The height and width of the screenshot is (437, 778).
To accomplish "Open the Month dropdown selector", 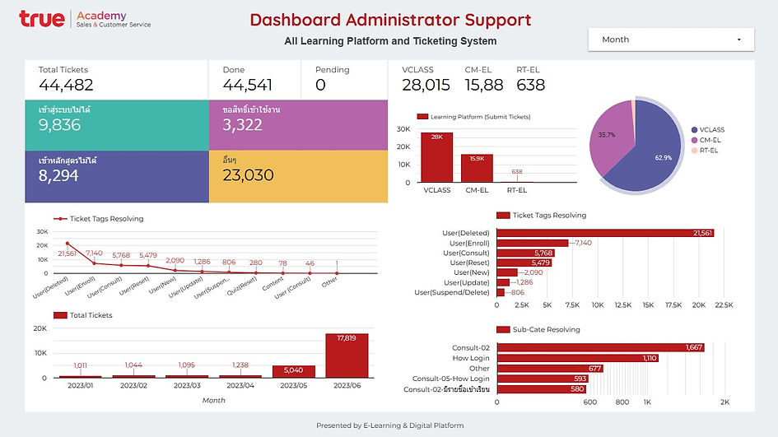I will (x=671, y=40).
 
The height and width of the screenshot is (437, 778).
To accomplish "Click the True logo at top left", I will (x=42, y=19).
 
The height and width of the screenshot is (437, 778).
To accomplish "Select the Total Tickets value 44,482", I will (x=66, y=85).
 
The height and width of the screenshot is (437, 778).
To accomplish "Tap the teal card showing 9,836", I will (x=117, y=125).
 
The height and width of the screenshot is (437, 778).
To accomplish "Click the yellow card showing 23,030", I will (x=297, y=175).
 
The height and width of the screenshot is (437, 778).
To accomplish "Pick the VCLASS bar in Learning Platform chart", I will (x=436, y=157).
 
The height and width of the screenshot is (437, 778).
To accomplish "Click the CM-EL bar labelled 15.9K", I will (x=477, y=168).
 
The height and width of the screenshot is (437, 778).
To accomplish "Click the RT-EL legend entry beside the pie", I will (x=709, y=151).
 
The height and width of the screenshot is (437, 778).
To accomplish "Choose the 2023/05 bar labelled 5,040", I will (x=293, y=371).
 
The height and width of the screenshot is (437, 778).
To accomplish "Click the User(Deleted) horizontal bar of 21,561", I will (x=605, y=234).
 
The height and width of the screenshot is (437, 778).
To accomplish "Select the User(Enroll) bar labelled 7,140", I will (x=533, y=244).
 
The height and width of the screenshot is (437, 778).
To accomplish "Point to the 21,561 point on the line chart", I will (x=67, y=244).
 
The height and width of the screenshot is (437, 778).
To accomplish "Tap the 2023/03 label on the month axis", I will (x=185, y=385).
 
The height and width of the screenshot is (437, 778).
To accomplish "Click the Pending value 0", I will (x=320, y=85).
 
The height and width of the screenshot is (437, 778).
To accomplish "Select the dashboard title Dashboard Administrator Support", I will (x=390, y=20).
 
